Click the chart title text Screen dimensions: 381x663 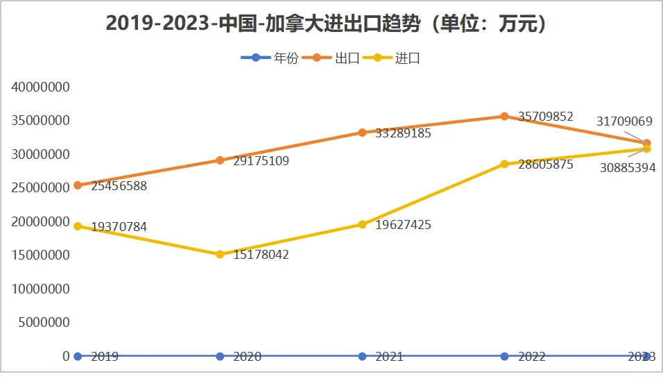pyautogui.click(x=331, y=23)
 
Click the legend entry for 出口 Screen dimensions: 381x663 pyautogui.click(x=346, y=58)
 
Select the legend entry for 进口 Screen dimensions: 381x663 pyautogui.click(x=407, y=58)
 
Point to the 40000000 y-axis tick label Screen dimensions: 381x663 pyautogui.click(x=40, y=87)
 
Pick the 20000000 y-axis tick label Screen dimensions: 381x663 pyautogui.click(x=40, y=222)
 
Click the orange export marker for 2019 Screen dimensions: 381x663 pyautogui.click(x=78, y=185)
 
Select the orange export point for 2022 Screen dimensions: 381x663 pyautogui.click(x=505, y=116)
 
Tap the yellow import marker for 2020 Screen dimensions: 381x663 pyautogui.click(x=220, y=255)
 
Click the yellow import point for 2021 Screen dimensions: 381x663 pyautogui.click(x=362, y=224)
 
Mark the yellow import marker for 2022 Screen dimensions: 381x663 pyautogui.click(x=505, y=164)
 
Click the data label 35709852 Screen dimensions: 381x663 pyautogui.click(x=546, y=117)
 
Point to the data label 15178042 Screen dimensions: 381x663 pyautogui.click(x=261, y=255)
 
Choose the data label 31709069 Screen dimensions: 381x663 pyautogui.click(x=624, y=121)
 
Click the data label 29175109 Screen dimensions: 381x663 pyautogui.click(x=261, y=161)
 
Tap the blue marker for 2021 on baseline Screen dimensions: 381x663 pyautogui.click(x=362, y=356)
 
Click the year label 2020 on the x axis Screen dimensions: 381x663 pyautogui.click(x=247, y=357)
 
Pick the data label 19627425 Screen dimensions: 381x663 pyautogui.click(x=404, y=225)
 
